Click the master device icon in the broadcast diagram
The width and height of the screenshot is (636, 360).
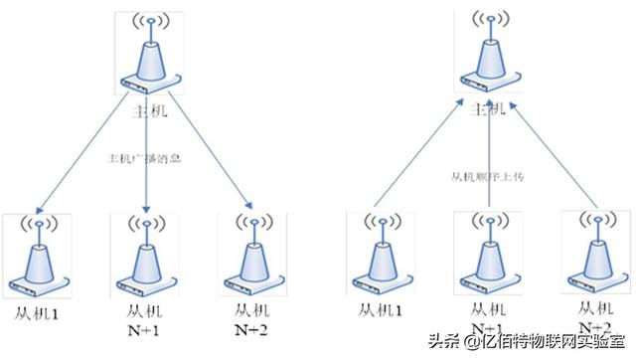tap(148, 56)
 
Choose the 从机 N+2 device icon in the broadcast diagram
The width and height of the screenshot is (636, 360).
tap(247, 254)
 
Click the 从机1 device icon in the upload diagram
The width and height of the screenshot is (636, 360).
tap(381, 254)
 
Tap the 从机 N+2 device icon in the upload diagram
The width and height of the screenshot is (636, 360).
tap(594, 254)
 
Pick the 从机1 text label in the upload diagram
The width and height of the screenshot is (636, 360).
tap(382, 311)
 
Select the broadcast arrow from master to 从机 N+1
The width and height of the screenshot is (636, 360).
tap(147, 189)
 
